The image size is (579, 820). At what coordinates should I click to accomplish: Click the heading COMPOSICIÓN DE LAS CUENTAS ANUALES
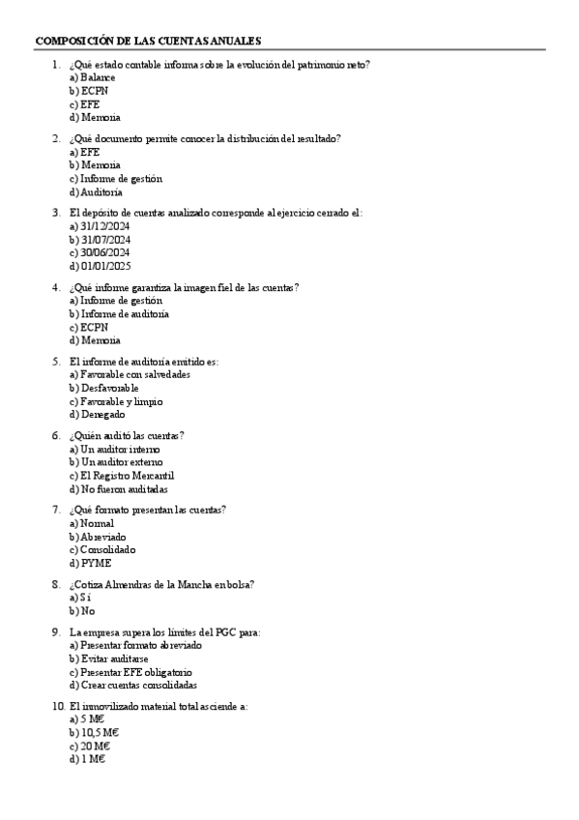[148, 41]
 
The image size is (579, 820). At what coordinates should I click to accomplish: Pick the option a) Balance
[92, 76]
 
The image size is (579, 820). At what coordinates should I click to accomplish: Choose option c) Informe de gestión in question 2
[115, 178]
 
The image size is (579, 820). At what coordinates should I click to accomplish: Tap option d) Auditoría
[96, 191]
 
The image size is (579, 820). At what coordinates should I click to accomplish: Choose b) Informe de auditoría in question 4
[119, 313]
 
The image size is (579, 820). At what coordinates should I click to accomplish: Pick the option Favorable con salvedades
[130, 374]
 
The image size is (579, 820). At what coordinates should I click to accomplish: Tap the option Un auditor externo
[115, 462]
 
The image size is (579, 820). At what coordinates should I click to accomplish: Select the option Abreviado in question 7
[98, 537]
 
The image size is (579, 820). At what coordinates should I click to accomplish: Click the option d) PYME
[88, 563]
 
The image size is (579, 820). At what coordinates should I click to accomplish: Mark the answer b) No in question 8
[82, 611]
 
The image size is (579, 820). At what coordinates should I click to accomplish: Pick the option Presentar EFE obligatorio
[130, 672]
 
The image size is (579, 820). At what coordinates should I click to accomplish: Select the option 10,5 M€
[94, 733]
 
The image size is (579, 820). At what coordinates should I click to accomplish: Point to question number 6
[56, 435]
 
